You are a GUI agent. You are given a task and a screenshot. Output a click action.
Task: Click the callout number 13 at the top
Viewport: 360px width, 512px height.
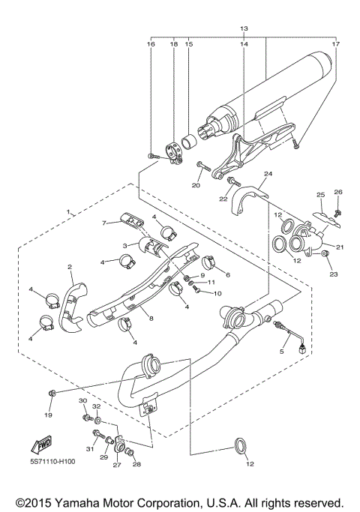pyautogui.click(x=243, y=28)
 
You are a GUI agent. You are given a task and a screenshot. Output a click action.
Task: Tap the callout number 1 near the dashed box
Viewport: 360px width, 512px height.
pyautogui.click(x=68, y=214)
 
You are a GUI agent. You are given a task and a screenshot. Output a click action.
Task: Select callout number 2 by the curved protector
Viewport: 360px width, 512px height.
pyautogui.click(x=69, y=267)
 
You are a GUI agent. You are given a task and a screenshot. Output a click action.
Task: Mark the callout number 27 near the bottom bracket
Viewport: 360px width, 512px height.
pyautogui.click(x=117, y=466)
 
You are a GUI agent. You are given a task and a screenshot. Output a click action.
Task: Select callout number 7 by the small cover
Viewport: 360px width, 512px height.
pyautogui.click(x=106, y=223)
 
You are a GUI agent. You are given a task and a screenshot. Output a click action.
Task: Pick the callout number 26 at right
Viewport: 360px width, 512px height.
pyautogui.click(x=337, y=192)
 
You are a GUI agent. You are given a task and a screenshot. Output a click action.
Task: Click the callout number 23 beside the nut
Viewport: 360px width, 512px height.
pyautogui.click(x=334, y=275)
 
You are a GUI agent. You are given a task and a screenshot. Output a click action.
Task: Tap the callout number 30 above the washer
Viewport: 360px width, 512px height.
pyautogui.click(x=83, y=403)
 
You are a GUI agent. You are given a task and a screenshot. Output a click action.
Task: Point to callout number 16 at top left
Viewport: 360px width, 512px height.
pyautogui.click(x=151, y=44)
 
